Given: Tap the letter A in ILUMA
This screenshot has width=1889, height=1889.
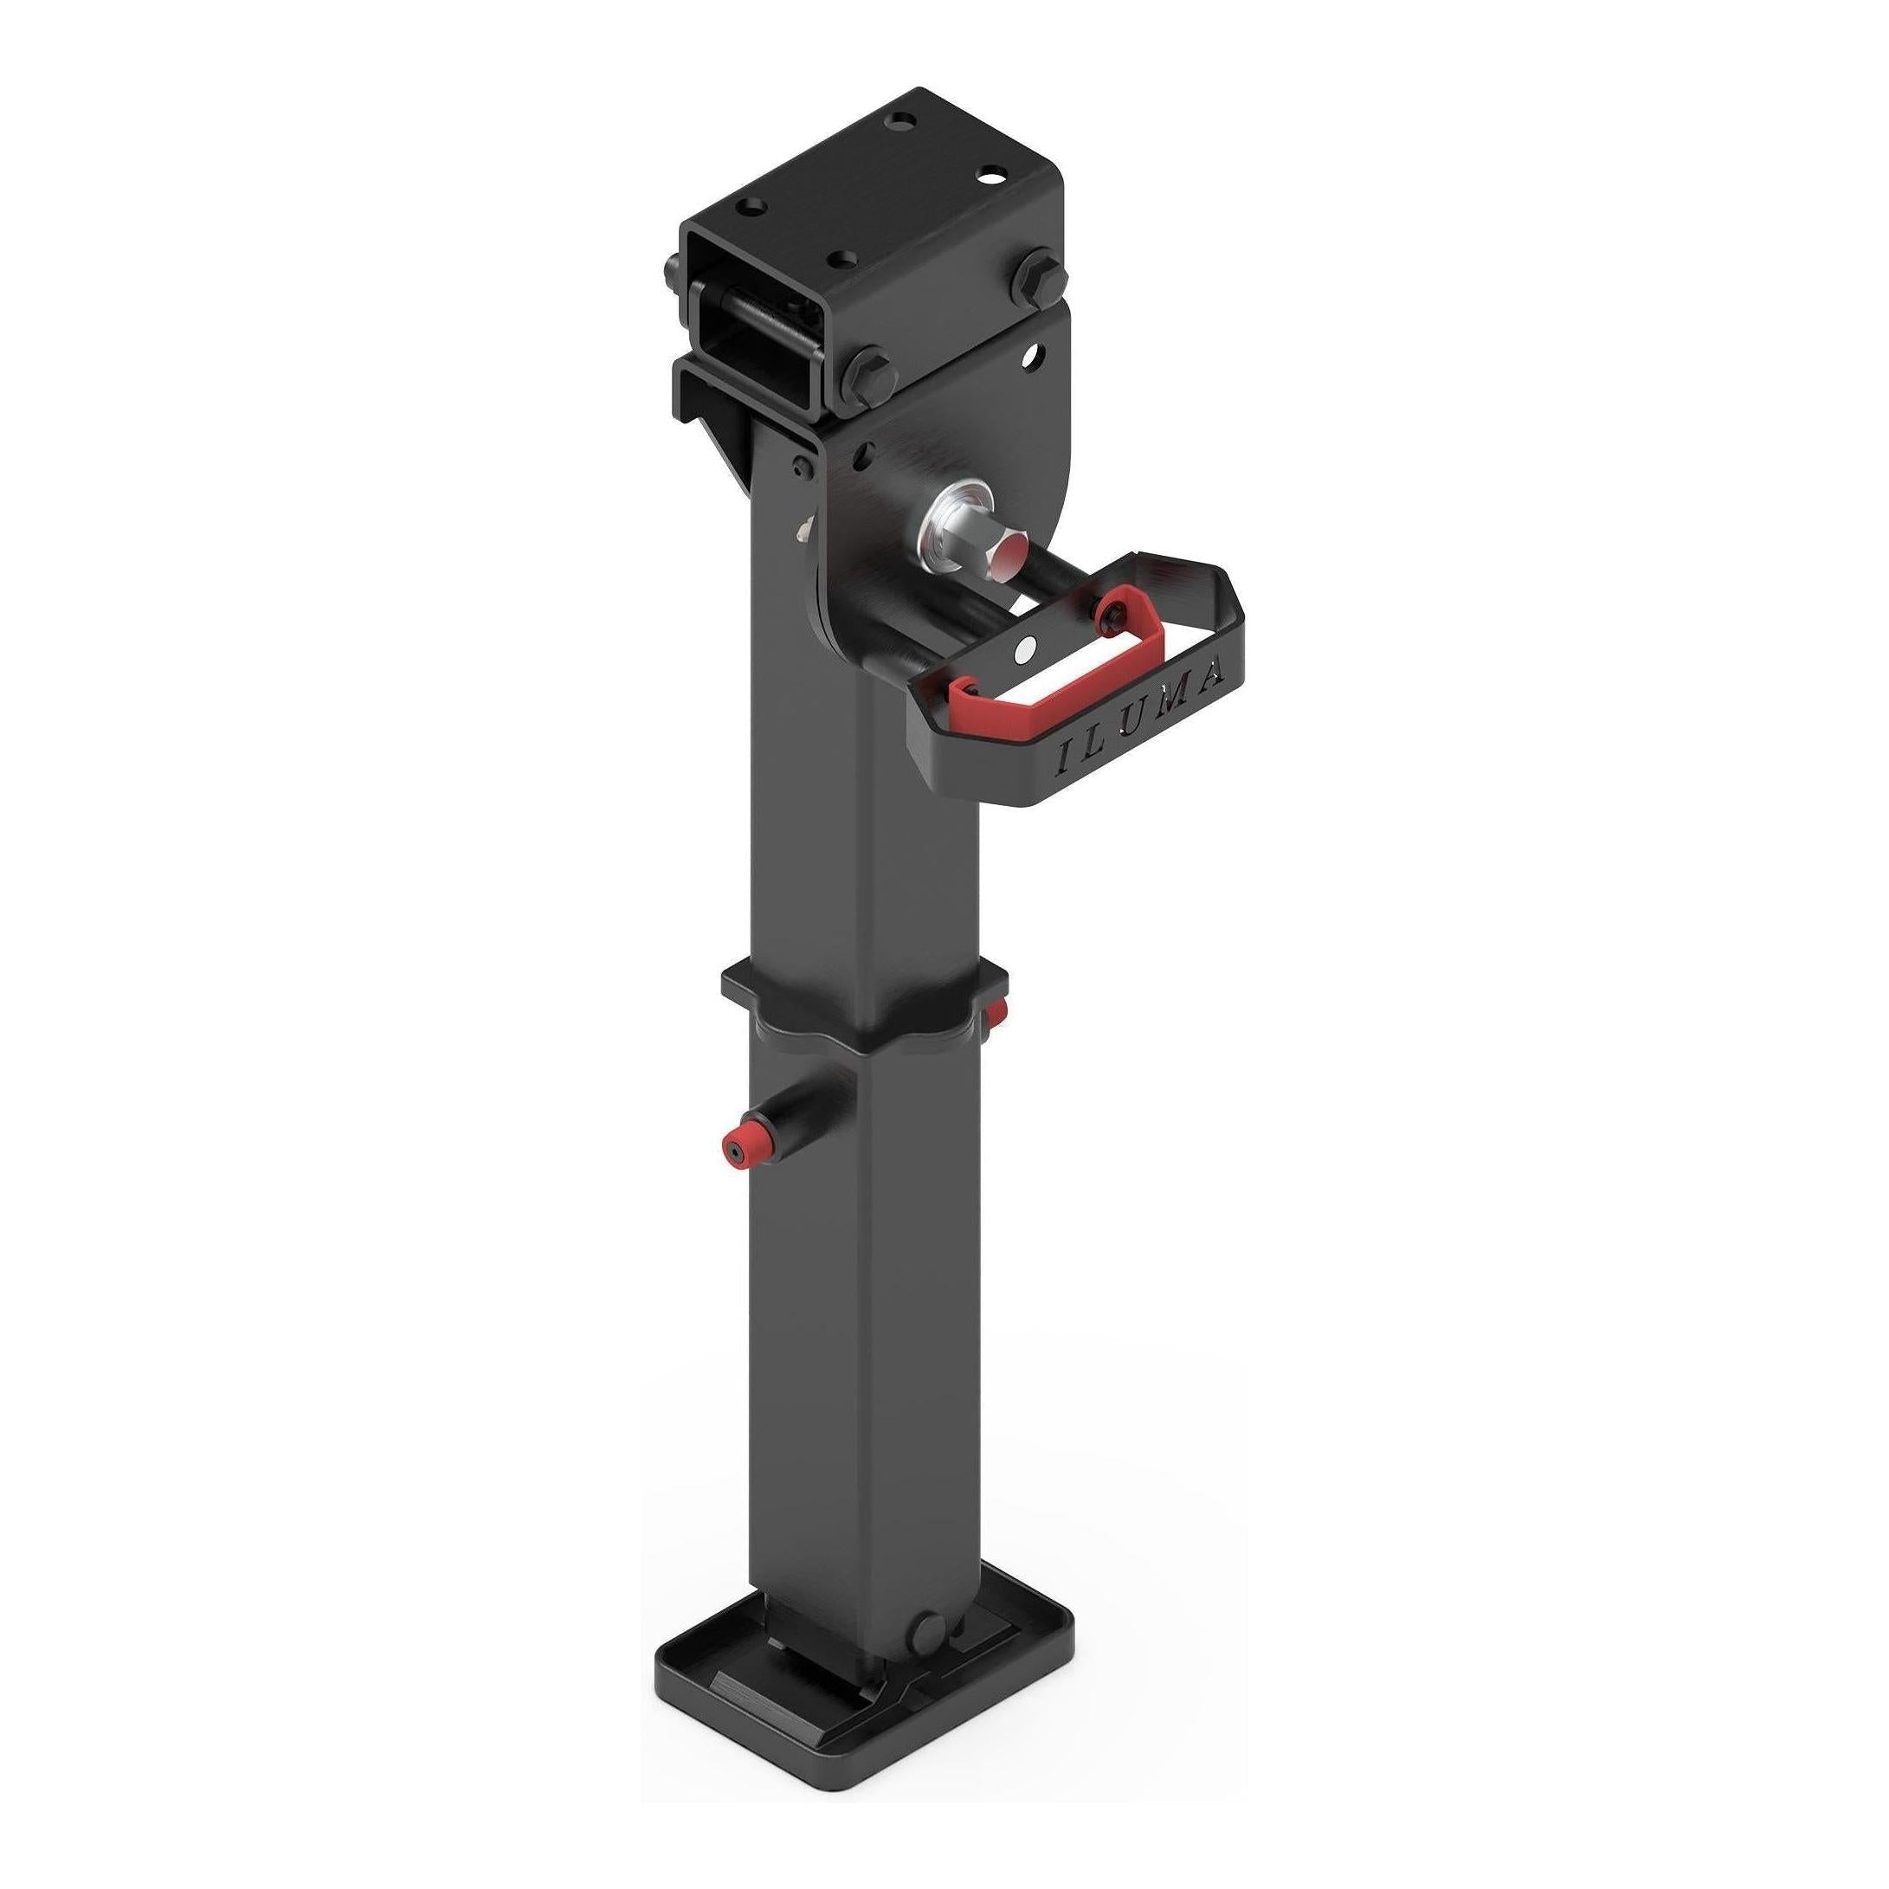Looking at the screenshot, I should (1214, 674).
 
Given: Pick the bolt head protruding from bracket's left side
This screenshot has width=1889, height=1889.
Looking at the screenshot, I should (675, 269).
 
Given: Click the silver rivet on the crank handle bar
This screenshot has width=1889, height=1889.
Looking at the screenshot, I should (1023, 648).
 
